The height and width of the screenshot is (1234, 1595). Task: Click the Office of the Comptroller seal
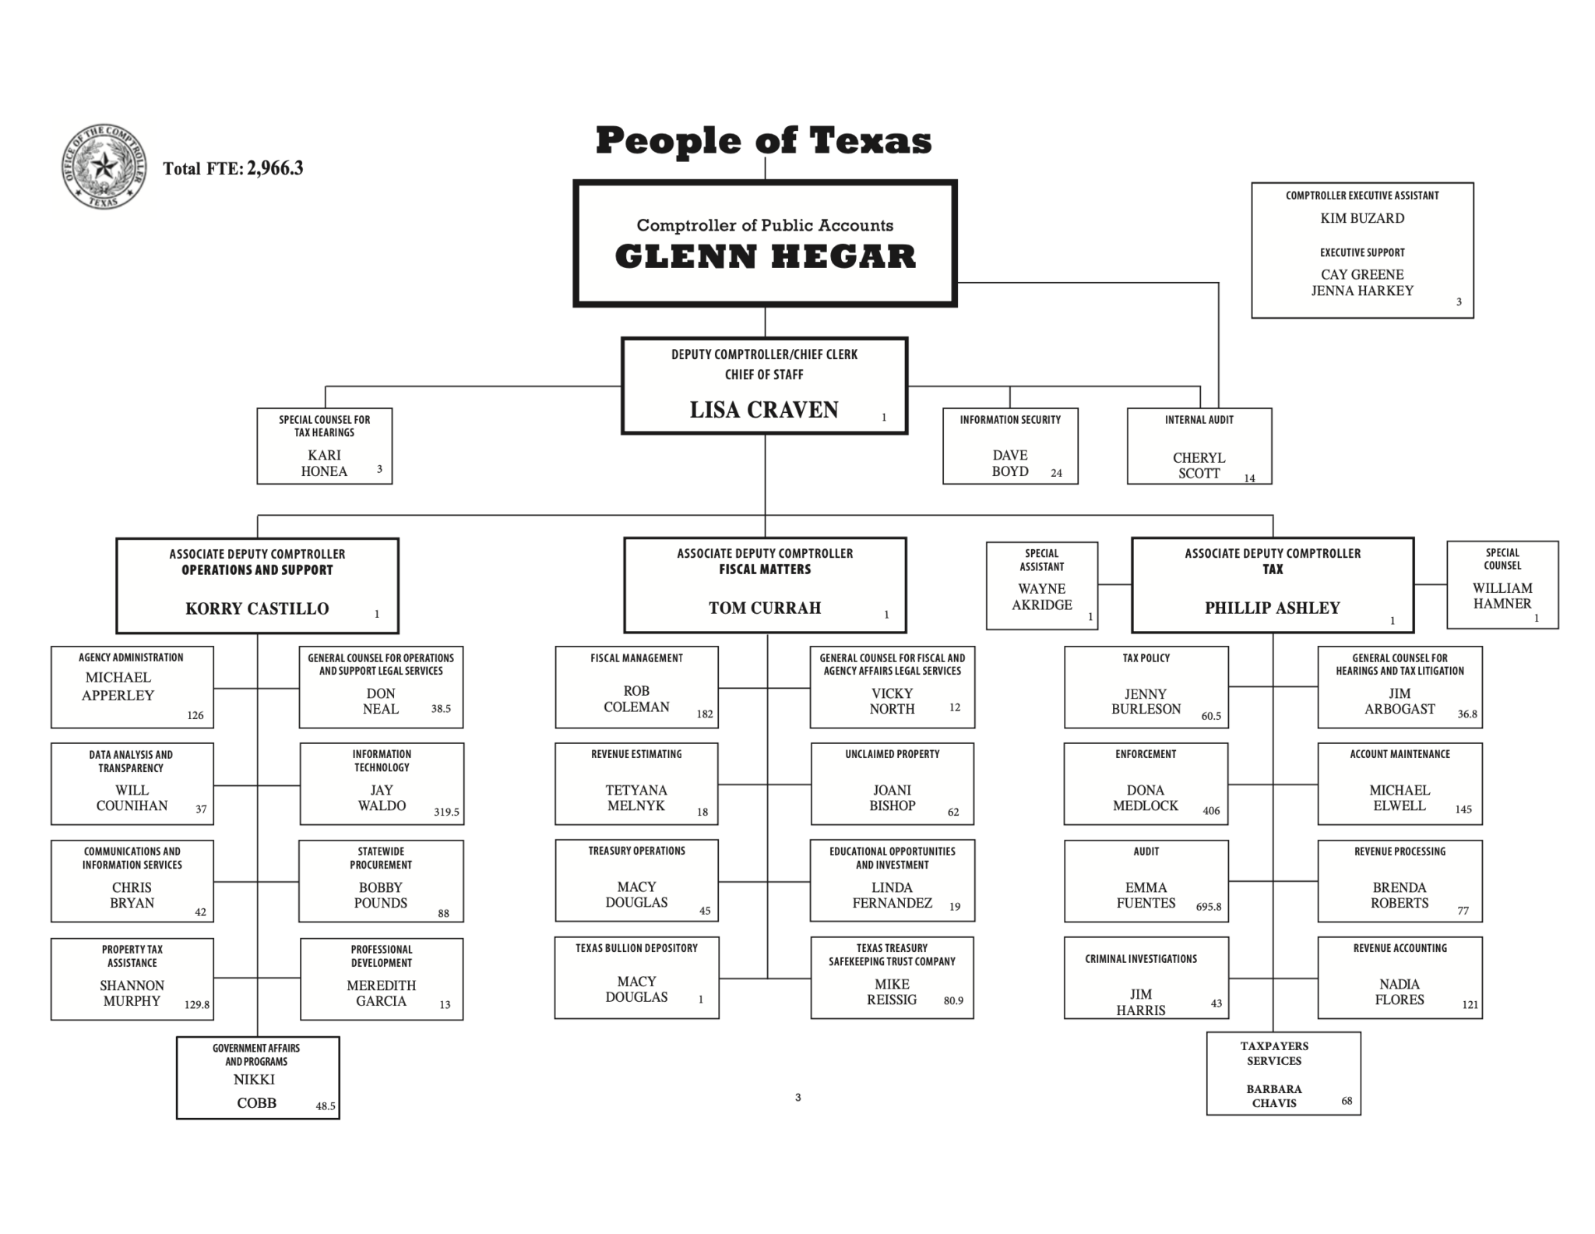[x=104, y=167]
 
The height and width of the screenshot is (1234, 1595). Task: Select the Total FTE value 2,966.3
[x=275, y=168]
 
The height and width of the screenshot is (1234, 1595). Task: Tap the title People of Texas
[x=763, y=141]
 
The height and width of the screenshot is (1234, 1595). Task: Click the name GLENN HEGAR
[x=765, y=257]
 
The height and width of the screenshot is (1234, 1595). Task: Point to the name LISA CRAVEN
[x=763, y=410]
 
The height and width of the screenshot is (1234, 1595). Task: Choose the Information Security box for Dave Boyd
[x=1009, y=446]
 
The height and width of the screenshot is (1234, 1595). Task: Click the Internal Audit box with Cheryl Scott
[x=1199, y=446]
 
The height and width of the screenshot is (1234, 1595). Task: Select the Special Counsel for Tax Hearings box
[x=324, y=446]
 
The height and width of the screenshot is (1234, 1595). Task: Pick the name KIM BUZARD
[x=1361, y=219]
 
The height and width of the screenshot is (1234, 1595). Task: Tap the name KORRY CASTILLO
[x=257, y=608]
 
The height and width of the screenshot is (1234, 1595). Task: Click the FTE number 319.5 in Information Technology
[x=446, y=812]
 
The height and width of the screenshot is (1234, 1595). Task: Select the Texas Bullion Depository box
[x=636, y=978]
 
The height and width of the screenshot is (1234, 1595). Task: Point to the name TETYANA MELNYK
[x=636, y=798]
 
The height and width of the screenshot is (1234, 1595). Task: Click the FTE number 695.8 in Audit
[x=1209, y=907]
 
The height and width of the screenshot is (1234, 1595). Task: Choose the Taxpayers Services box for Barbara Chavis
[x=1283, y=1074]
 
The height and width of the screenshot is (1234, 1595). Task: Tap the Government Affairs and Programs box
[x=257, y=1077]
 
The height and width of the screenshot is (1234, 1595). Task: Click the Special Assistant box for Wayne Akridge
[x=1041, y=586]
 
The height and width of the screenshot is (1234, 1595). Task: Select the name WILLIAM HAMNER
[x=1502, y=596]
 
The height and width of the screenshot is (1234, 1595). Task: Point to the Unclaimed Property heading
[x=892, y=754]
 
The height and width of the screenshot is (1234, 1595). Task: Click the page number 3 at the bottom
[x=797, y=1098]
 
